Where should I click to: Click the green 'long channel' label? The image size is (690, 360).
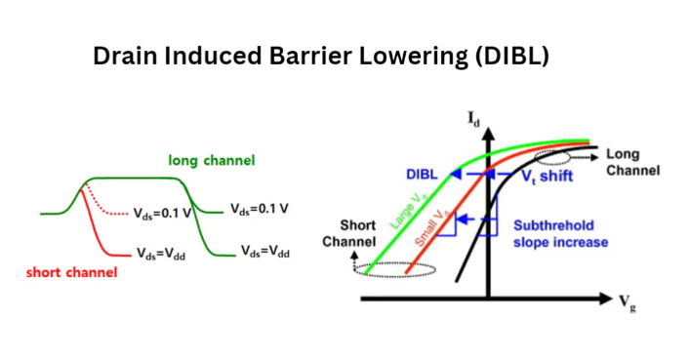tap(212, 160)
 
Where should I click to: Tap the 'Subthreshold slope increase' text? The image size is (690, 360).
tap(561, 234)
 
